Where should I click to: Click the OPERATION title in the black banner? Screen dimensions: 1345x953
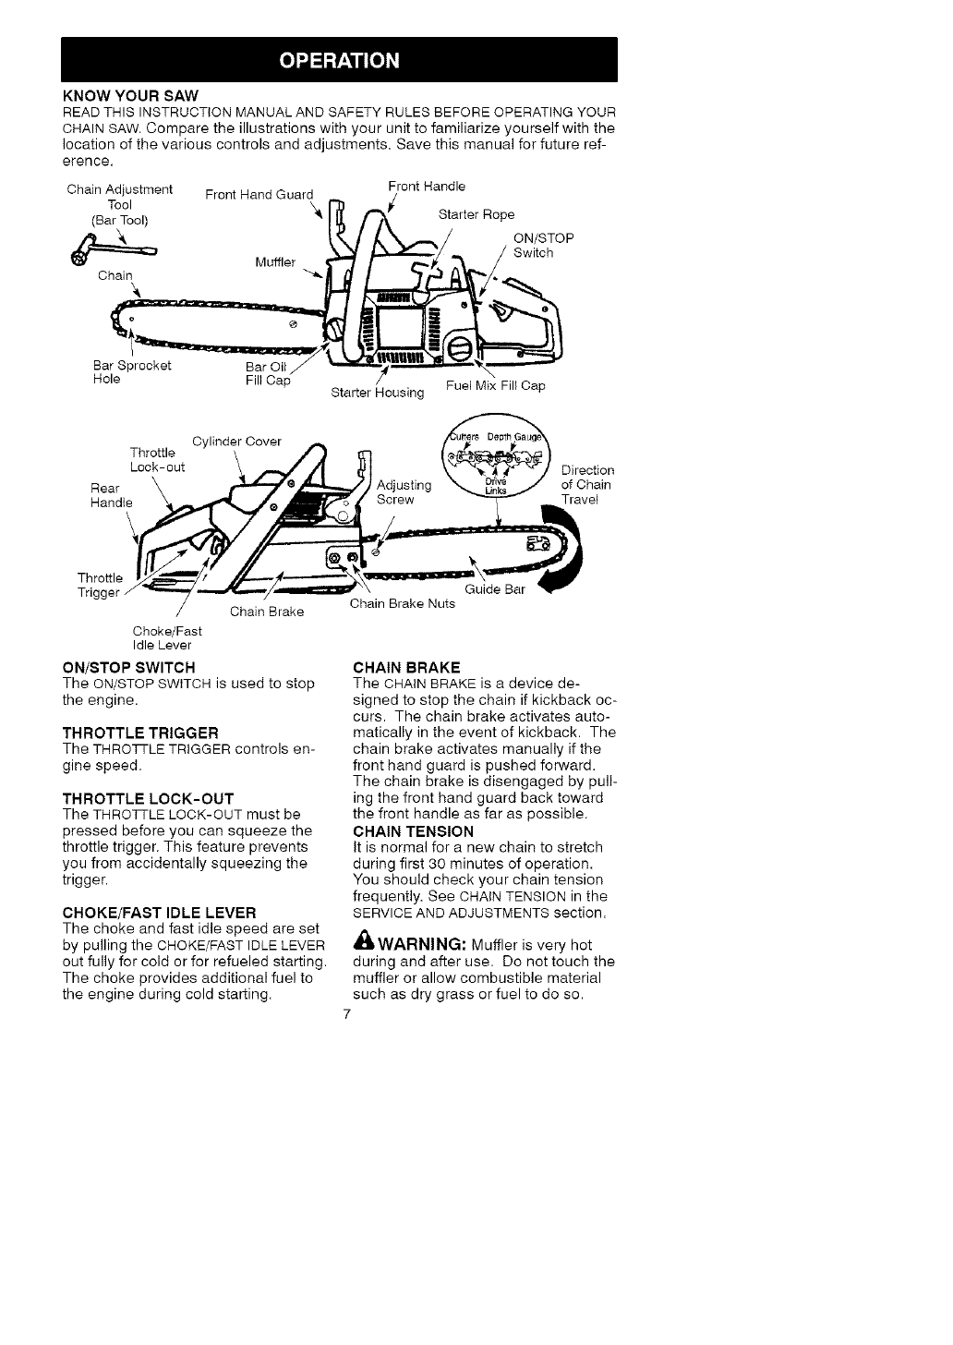coord(340,61)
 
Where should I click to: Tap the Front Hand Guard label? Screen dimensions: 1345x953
coord(259,194)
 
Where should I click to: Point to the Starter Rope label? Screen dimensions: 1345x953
coord(476,214)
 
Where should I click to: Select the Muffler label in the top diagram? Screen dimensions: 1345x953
coord(275,261)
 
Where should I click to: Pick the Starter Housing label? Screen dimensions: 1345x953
coord(377,393)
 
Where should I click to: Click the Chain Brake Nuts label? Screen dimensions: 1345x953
coord(403,603)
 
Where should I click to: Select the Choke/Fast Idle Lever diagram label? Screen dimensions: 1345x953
coord(167,637)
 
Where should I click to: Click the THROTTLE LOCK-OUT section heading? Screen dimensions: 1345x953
coord(148,797)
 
